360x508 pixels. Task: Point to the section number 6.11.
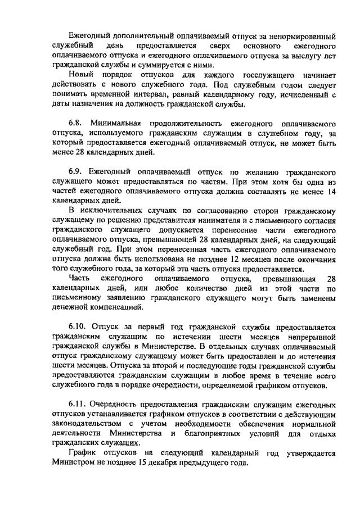point(79,405)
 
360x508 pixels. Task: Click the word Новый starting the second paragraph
point(81,75)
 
